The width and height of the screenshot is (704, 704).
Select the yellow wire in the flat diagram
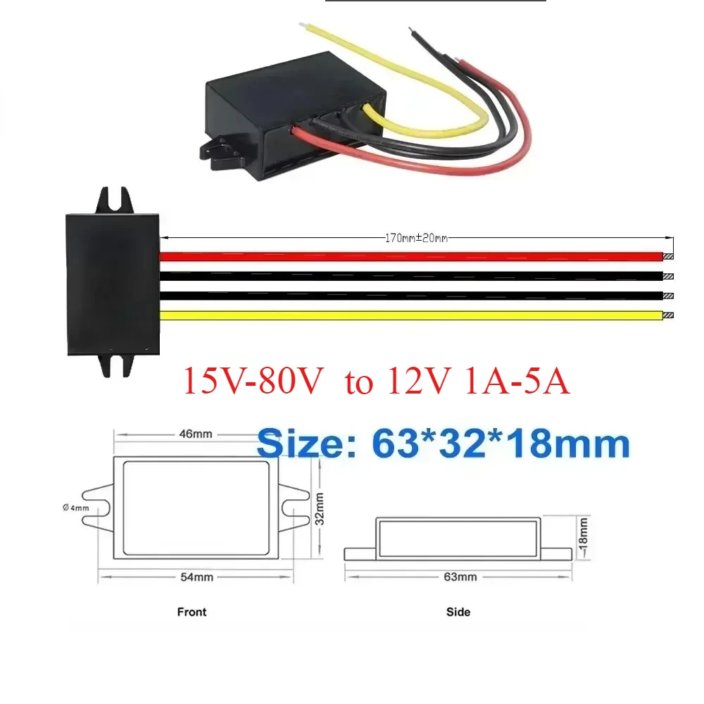coord(408,315)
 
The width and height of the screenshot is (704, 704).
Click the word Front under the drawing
coord(192,612)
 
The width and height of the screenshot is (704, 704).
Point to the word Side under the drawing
coord(458,612)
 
